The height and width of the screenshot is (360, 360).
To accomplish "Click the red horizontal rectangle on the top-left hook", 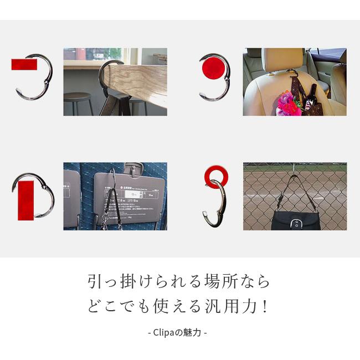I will coord(24,64).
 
